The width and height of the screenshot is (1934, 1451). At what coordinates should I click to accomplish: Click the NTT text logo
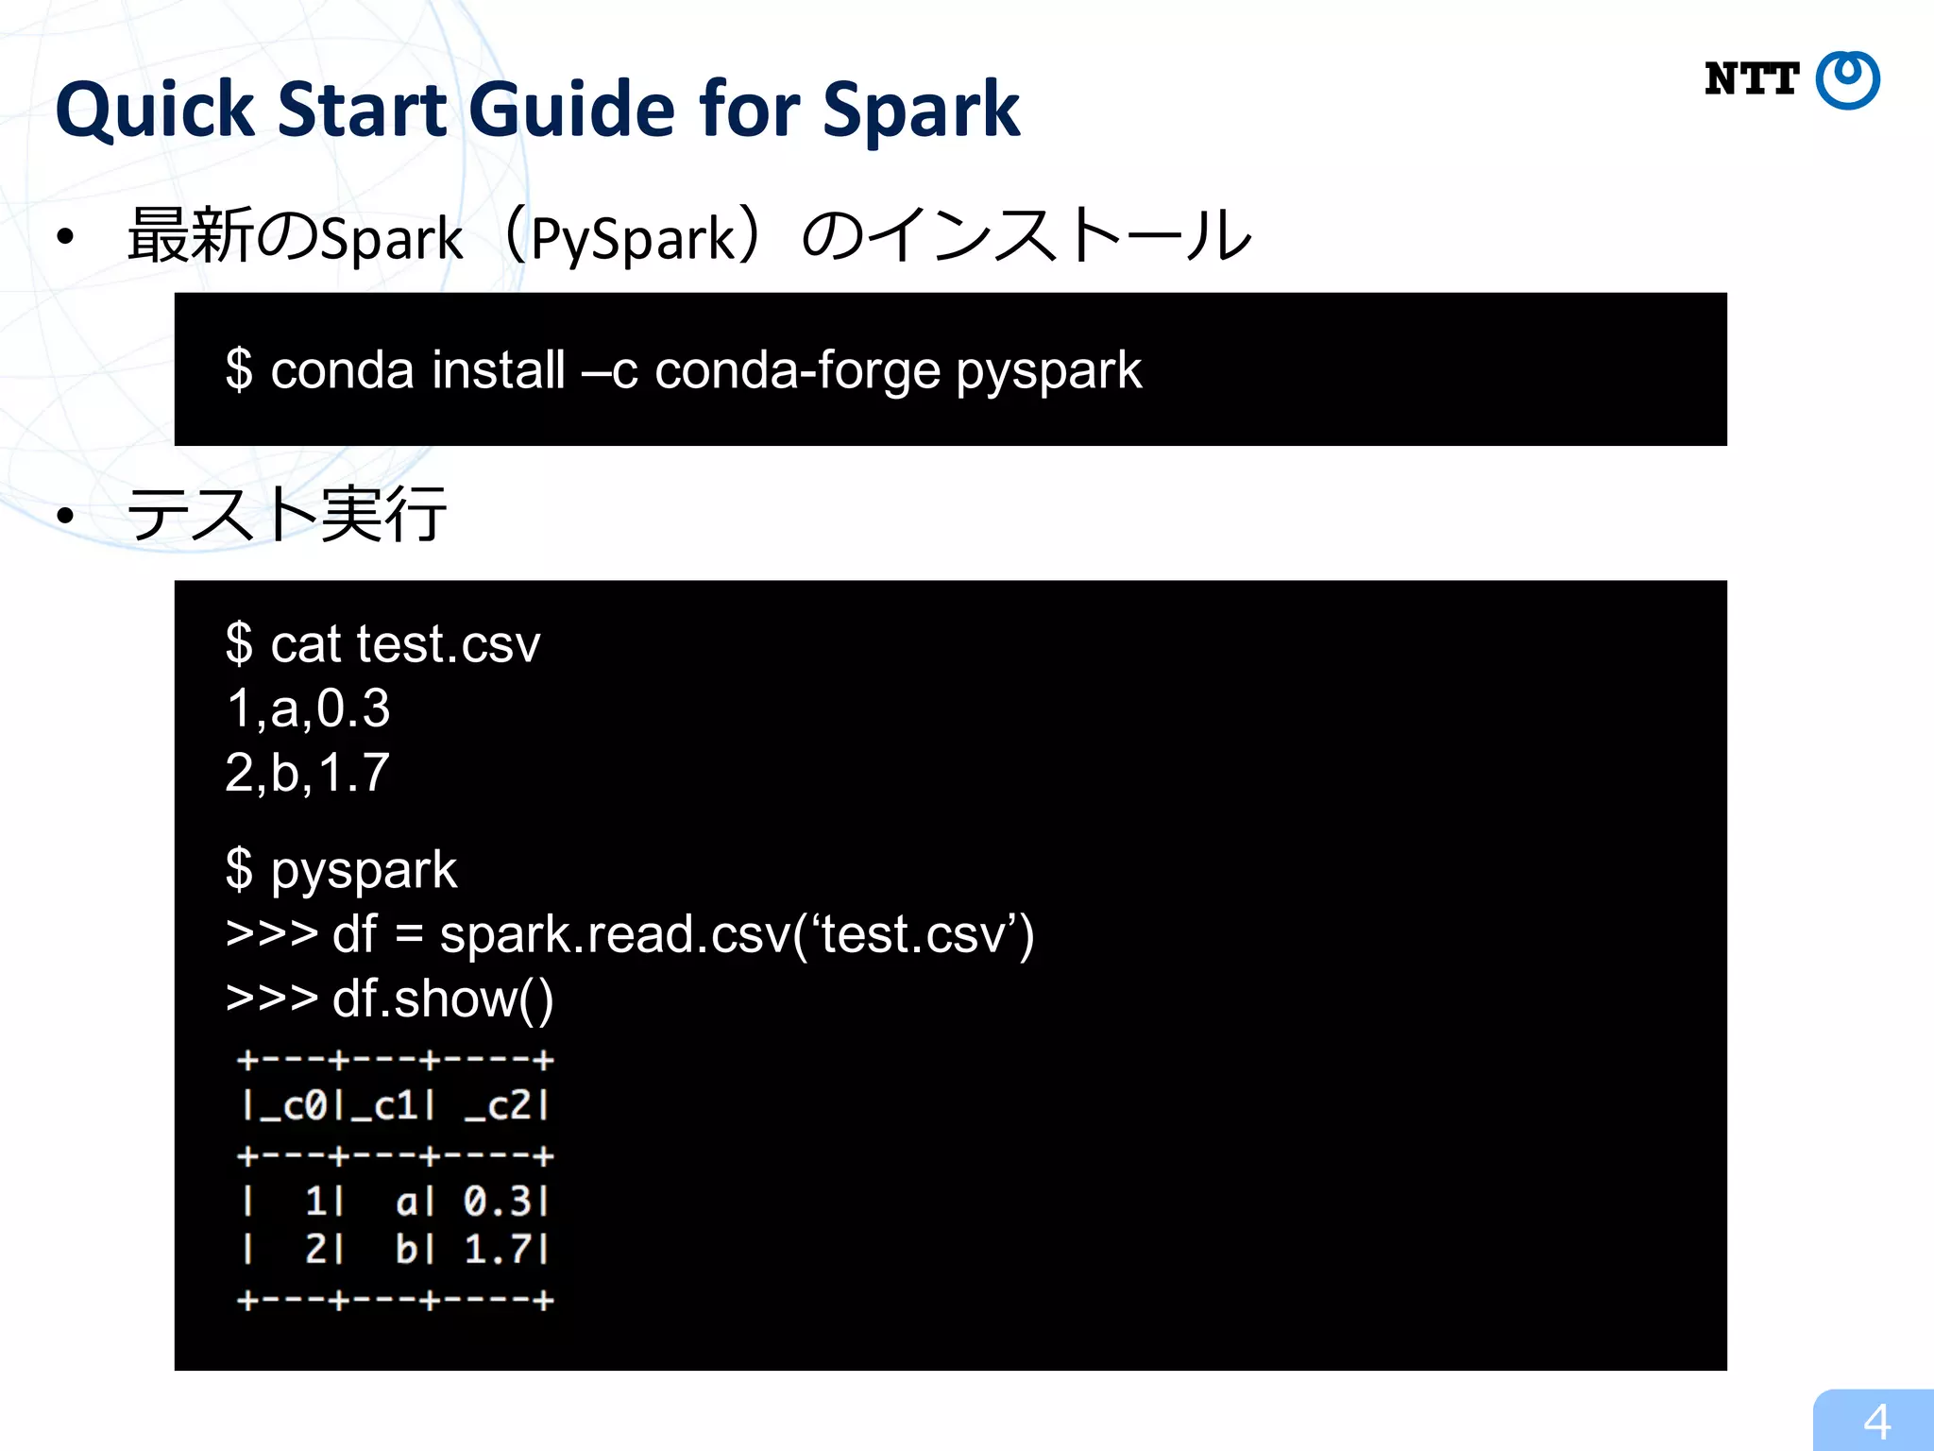pyautogui.click(x=1752, y=79)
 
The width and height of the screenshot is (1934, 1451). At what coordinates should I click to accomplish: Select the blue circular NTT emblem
pyautogui.click(x=1848, y=80)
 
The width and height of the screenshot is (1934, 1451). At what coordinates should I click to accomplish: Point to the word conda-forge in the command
pyautogui.click(x=798, y=370)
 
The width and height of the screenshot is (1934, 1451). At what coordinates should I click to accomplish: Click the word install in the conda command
pyautogui.click(x=499, y=370)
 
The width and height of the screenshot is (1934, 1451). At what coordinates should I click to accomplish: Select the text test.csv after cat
pyautogui.click(x=448, y=645)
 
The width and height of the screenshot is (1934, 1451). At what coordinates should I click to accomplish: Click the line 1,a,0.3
pyautogui.click(x=308, y=708)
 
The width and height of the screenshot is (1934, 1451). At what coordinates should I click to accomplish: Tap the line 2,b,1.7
pyautogui.click(x=308, y=773)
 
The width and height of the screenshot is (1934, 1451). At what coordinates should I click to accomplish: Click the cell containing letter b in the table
pyautogui.click(x=406, y=1250)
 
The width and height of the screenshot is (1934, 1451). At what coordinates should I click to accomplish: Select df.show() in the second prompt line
pyautogui.click(x=443, y=999)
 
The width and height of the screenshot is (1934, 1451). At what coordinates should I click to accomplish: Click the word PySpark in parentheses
pyautogui.click(x=633, y=238)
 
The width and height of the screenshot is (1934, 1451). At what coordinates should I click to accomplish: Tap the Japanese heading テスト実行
pyautogui.click(x=287, y=516)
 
